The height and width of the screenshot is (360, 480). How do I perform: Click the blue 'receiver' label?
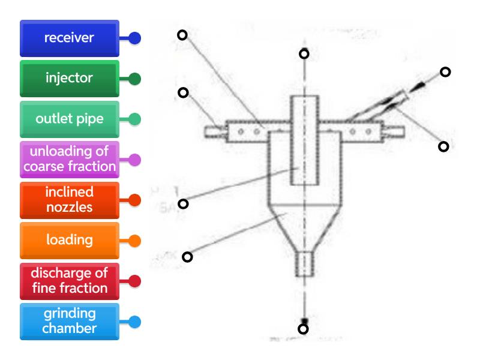tap(69, 38)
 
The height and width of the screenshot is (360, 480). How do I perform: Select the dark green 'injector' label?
tap(69, 79)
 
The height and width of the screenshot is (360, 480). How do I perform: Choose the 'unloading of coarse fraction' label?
tap(69, 160)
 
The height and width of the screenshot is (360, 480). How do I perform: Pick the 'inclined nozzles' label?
tap(69, 200)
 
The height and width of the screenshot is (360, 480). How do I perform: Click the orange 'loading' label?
tap(69, 241)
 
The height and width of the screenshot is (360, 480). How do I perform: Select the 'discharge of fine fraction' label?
tap(69, 281)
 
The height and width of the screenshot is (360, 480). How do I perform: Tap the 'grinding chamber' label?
tap(69, 322)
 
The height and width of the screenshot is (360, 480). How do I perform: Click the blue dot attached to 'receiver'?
tap(135, 38)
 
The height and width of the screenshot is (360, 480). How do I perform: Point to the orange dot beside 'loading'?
tap(135, 241)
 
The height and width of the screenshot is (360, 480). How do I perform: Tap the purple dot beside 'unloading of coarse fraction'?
tap(135, 160)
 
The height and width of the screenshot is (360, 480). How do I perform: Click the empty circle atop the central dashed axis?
tap(304, 54)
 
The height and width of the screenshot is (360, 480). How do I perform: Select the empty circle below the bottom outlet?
tap(304, 329)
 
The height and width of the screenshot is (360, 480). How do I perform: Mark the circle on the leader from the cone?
tap(187, 257)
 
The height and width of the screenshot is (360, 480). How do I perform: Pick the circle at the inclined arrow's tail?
tap(445, 72)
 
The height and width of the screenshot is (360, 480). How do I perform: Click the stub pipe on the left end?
tap(214, 130)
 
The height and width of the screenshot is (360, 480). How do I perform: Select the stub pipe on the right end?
tap(394, 130)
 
